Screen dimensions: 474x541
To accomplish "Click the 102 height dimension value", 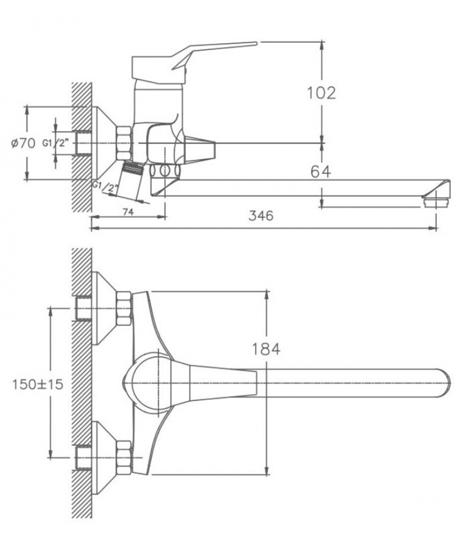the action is tap(321, 93).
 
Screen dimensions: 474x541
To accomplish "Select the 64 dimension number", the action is tap(321, 172).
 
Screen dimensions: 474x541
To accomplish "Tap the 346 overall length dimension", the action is tap(261, 215).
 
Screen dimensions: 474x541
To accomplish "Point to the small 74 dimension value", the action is tap(128, 212).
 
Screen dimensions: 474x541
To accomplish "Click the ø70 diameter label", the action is tap(23, 143).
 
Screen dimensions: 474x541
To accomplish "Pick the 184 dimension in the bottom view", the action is tap(266, 349).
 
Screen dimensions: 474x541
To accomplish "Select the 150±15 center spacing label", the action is tap(38, 384).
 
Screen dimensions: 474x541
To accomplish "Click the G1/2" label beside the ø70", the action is tap(56, 143).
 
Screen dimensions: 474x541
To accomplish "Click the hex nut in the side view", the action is tap(124, 143).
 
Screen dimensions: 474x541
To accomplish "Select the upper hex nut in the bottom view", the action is tap(124, 308).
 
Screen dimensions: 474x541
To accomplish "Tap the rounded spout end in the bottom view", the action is tap(444, 383).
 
